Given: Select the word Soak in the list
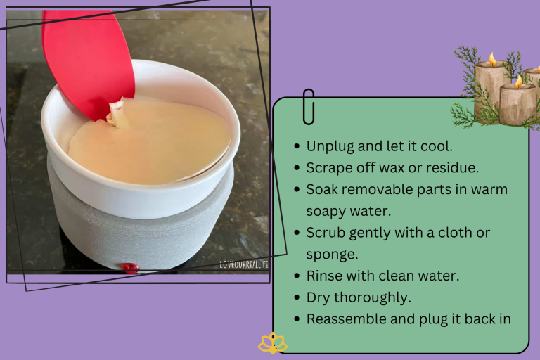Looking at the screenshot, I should [323, 189].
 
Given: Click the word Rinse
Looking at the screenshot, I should [326, 275].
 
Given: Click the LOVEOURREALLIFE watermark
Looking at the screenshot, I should [243, 265].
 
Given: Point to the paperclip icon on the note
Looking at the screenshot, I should [308, 106].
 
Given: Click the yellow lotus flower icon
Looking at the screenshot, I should [272, 343].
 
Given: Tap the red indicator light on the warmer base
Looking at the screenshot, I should [129, 267].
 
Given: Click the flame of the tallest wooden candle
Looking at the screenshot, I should [492, 59].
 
